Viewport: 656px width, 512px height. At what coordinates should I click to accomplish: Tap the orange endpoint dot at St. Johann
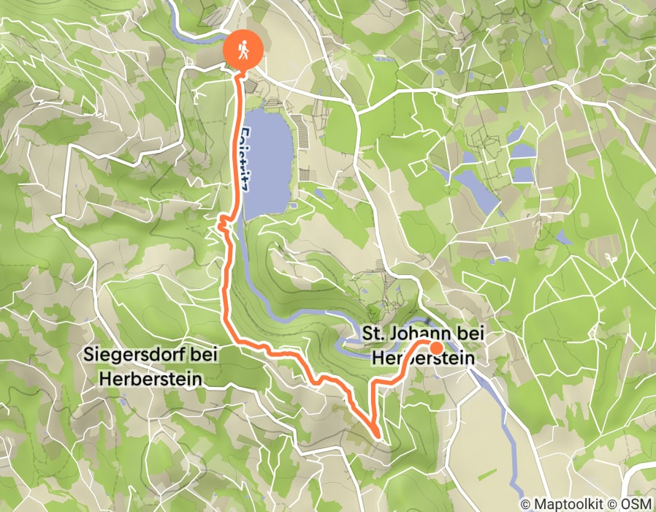436,348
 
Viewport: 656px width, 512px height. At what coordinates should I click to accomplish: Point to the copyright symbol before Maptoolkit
527,505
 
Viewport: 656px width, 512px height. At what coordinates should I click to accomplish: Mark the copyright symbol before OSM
614,505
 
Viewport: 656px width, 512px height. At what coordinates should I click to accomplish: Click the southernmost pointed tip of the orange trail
378,437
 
